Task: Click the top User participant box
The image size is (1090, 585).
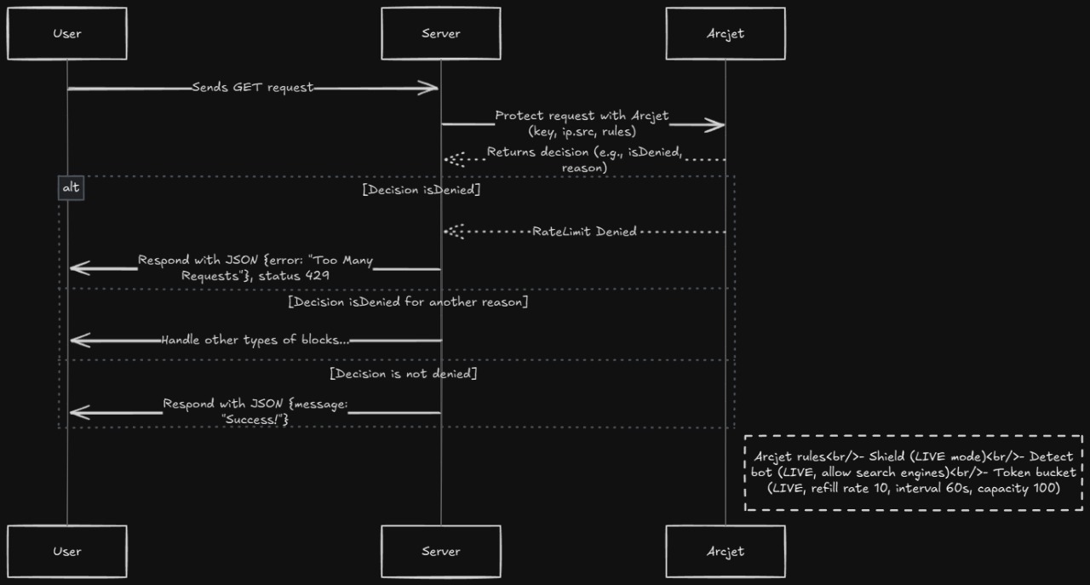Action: pos(66,34)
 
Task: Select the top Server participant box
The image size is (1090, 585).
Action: pos(440,34)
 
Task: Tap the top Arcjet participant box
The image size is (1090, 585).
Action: pos(725,34)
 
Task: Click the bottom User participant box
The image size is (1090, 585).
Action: pos(66,551)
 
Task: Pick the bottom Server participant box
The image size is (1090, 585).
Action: pos(440,551)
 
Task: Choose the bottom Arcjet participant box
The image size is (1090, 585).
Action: pos(725,551)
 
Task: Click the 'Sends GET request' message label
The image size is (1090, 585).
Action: pos(253,88)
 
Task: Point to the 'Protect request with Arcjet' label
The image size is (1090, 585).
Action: pos(582,116)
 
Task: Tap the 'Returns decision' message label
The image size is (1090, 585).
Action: pos(583,152)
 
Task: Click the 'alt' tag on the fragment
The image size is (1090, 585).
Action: pos(71,187)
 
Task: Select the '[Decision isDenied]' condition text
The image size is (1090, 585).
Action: pos(421,190)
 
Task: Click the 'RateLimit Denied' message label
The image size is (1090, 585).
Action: pos(584,232)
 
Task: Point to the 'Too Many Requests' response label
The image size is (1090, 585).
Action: pos(255,268)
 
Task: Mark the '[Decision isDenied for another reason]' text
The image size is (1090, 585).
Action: pos(408,302)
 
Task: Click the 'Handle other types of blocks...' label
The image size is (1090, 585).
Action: pos(255,340)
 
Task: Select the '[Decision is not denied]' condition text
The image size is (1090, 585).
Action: pos(403,374)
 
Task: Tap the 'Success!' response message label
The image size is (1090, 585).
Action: pos(255,412)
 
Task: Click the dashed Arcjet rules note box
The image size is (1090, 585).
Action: pos(913,473)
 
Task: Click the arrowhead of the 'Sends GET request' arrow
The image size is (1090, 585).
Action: pos(433,88)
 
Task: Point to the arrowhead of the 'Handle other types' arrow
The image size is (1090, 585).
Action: pos(75,341)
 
